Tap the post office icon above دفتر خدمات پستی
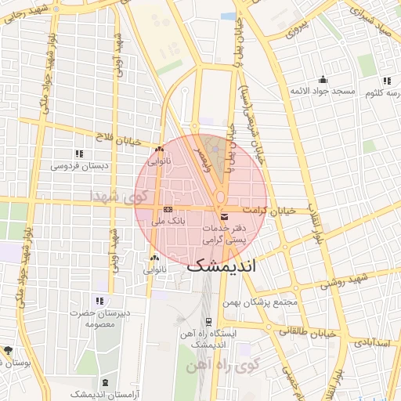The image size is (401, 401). click(x=225, y=216)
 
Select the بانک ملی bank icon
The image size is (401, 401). click(x=168, y=210)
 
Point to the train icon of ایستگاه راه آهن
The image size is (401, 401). click(x=208, y=320)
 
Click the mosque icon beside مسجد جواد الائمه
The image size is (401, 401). click(x=323, y=79)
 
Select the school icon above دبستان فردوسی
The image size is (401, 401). click(x=78, y=154)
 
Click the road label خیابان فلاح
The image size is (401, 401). click(x=119, y=139)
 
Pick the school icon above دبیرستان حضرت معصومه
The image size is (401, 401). click(x=99, y=301)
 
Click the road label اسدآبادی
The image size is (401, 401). click(x=373, y=342)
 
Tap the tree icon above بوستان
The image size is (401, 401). click(x=8, y=350)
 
